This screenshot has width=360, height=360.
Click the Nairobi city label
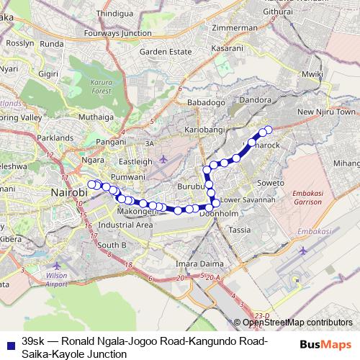72,192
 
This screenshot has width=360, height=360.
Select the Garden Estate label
165,52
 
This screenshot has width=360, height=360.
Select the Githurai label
278,12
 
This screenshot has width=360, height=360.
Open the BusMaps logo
325,344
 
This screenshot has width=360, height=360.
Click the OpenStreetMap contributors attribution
297,323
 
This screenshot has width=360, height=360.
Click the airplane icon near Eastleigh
164,159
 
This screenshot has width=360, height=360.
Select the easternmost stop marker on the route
269,130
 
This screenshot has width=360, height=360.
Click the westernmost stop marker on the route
91,184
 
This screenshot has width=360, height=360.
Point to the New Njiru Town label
326,112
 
